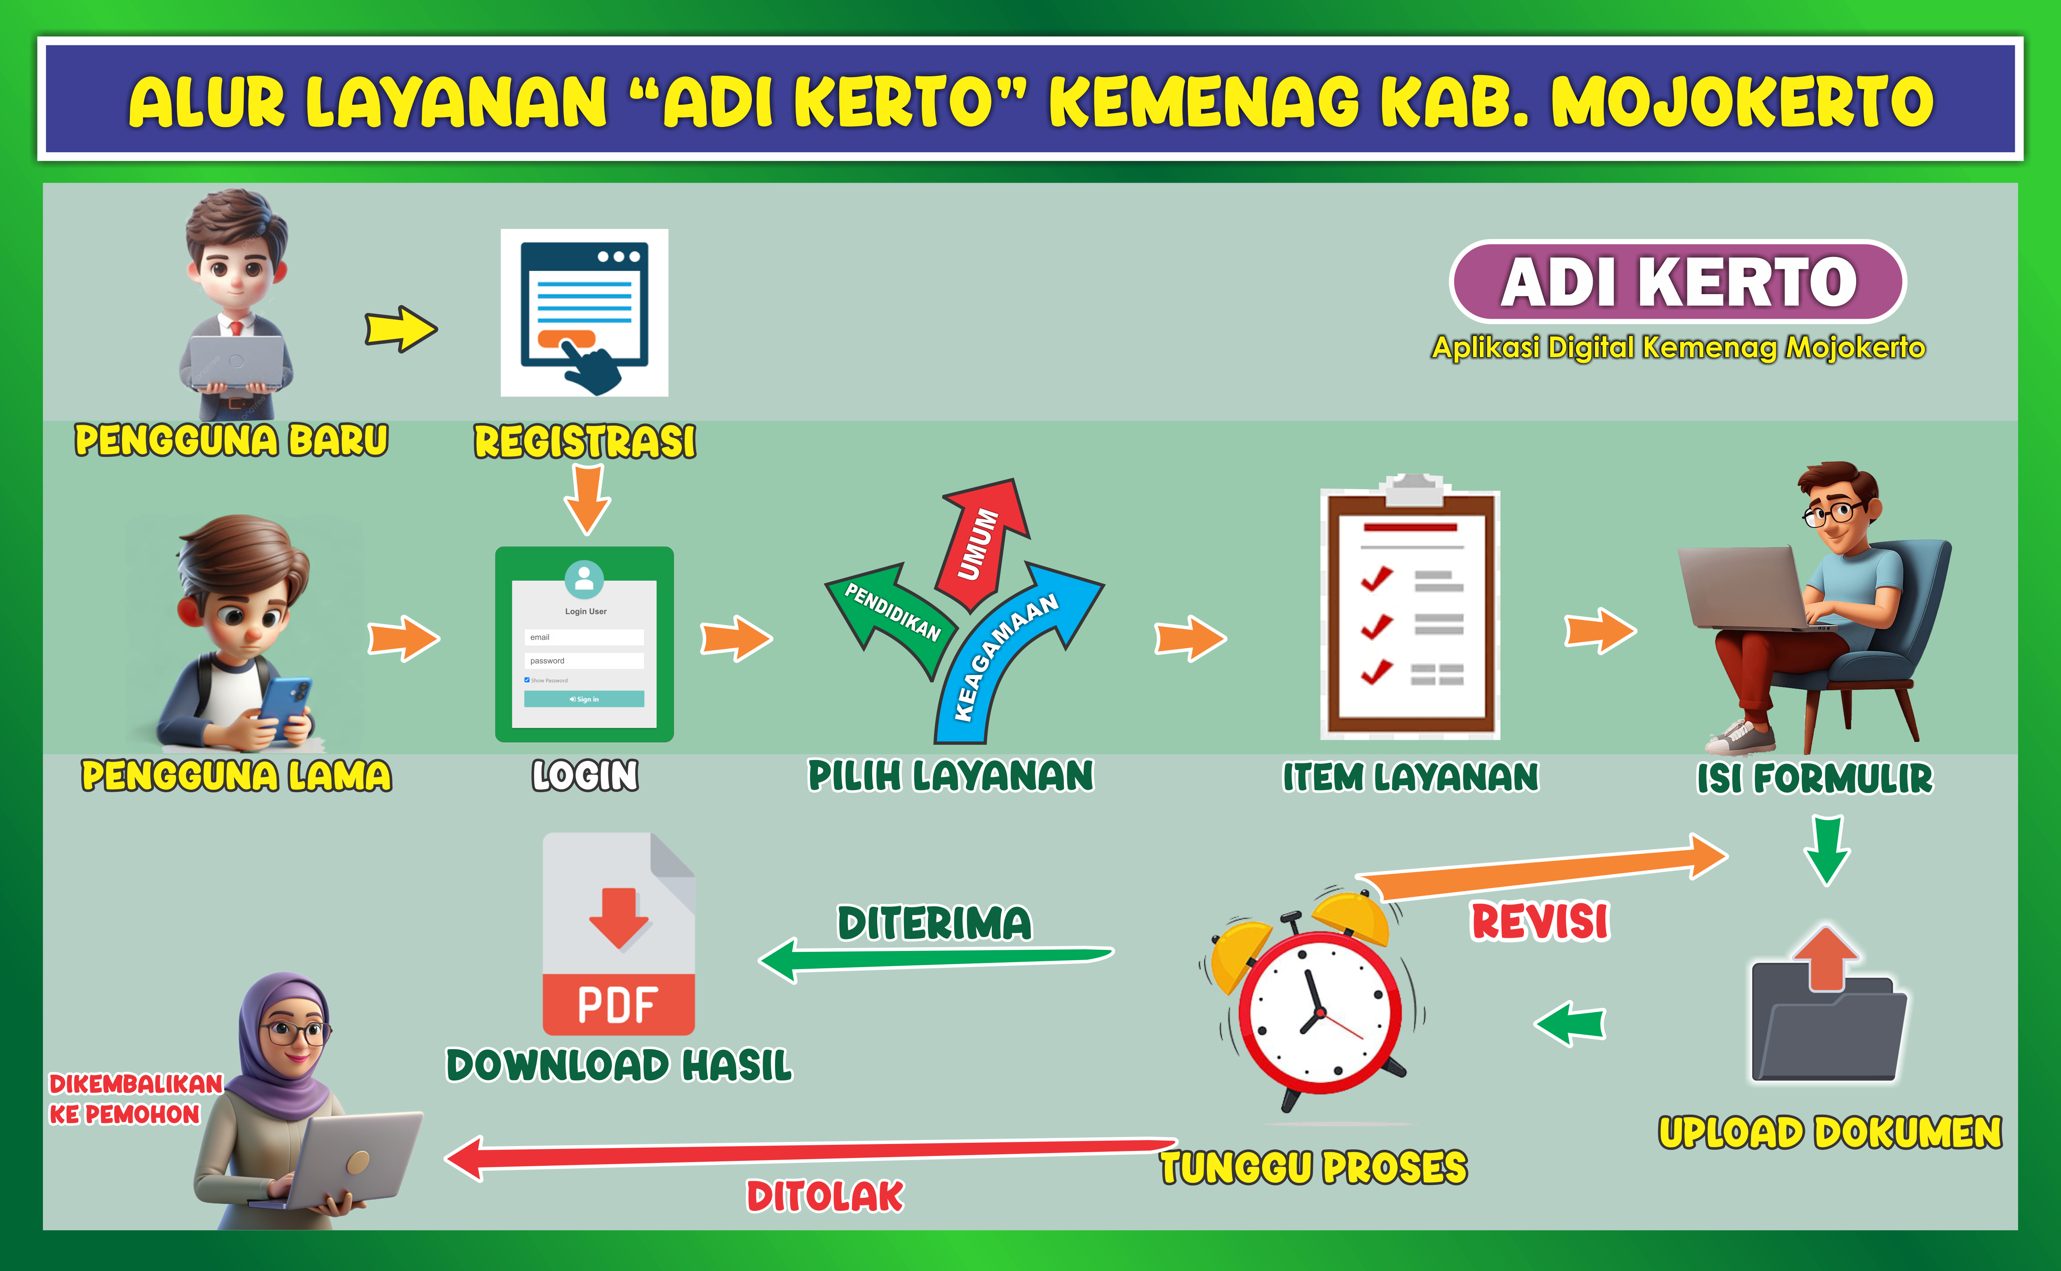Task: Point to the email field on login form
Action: [x=584, y=637]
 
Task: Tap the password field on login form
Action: [x=584, y=661]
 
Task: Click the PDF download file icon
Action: [x=618, y=933]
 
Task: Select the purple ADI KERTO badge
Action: [x=1678, y=282]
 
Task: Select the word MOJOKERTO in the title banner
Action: [x=1742, y=102]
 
